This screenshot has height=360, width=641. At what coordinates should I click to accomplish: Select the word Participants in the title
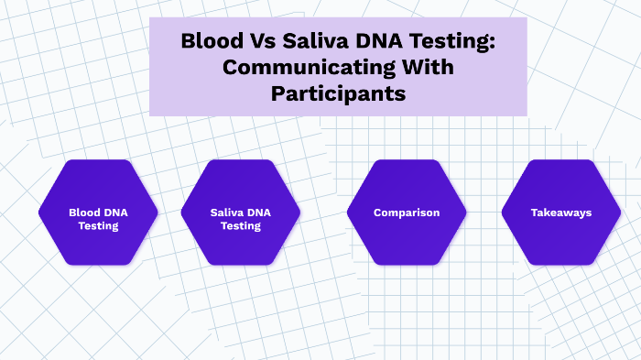click(x=337, y=93)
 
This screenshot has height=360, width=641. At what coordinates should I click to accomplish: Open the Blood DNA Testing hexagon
click(x=98, y=213)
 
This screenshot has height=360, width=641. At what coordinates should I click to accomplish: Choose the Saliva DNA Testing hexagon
click(x=241, y=213)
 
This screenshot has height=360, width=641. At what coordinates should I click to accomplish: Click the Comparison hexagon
click(x=407, y=213)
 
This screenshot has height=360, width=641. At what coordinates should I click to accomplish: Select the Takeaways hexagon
click(x=561, y=213)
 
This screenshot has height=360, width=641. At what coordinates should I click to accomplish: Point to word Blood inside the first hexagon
click(x=85, y=213)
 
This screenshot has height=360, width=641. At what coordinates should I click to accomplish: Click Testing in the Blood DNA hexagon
click(x=98, y=226)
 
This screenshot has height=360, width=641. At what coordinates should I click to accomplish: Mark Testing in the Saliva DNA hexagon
click(x=241, y=226)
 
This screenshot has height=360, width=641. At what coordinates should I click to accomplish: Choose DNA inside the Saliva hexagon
click(x=259, y=213)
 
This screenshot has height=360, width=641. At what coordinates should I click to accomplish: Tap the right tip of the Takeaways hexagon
click(x=619, y=213)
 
